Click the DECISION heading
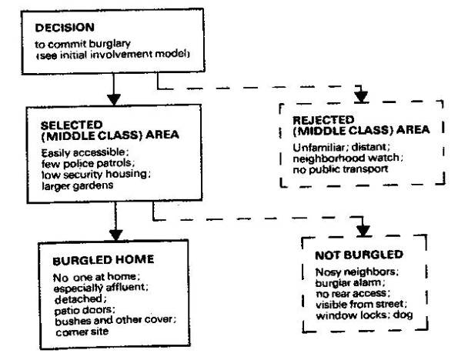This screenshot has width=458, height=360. point(65,28)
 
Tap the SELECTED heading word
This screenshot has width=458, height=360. point(72,125)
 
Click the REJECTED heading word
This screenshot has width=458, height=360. point(323,120)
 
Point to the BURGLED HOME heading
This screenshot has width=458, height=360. point(103,260)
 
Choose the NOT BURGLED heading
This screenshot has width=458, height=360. point(359,255)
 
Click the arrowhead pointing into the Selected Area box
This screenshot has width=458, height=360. point(114,99)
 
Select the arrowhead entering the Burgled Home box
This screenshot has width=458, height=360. point(116,235)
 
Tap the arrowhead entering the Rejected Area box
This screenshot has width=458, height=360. point(361,97)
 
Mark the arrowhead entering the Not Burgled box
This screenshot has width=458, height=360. point(363,231)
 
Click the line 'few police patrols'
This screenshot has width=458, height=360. point(89,164)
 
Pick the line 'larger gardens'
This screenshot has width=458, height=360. point(78,185)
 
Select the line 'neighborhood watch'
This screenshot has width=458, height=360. point(348,158)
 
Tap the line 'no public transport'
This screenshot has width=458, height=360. point(340,169)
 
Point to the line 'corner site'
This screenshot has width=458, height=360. point(82,332)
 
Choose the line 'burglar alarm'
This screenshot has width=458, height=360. point(350,283)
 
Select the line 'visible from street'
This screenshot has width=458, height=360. point(361,305)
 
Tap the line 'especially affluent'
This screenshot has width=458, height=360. point(101,288)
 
